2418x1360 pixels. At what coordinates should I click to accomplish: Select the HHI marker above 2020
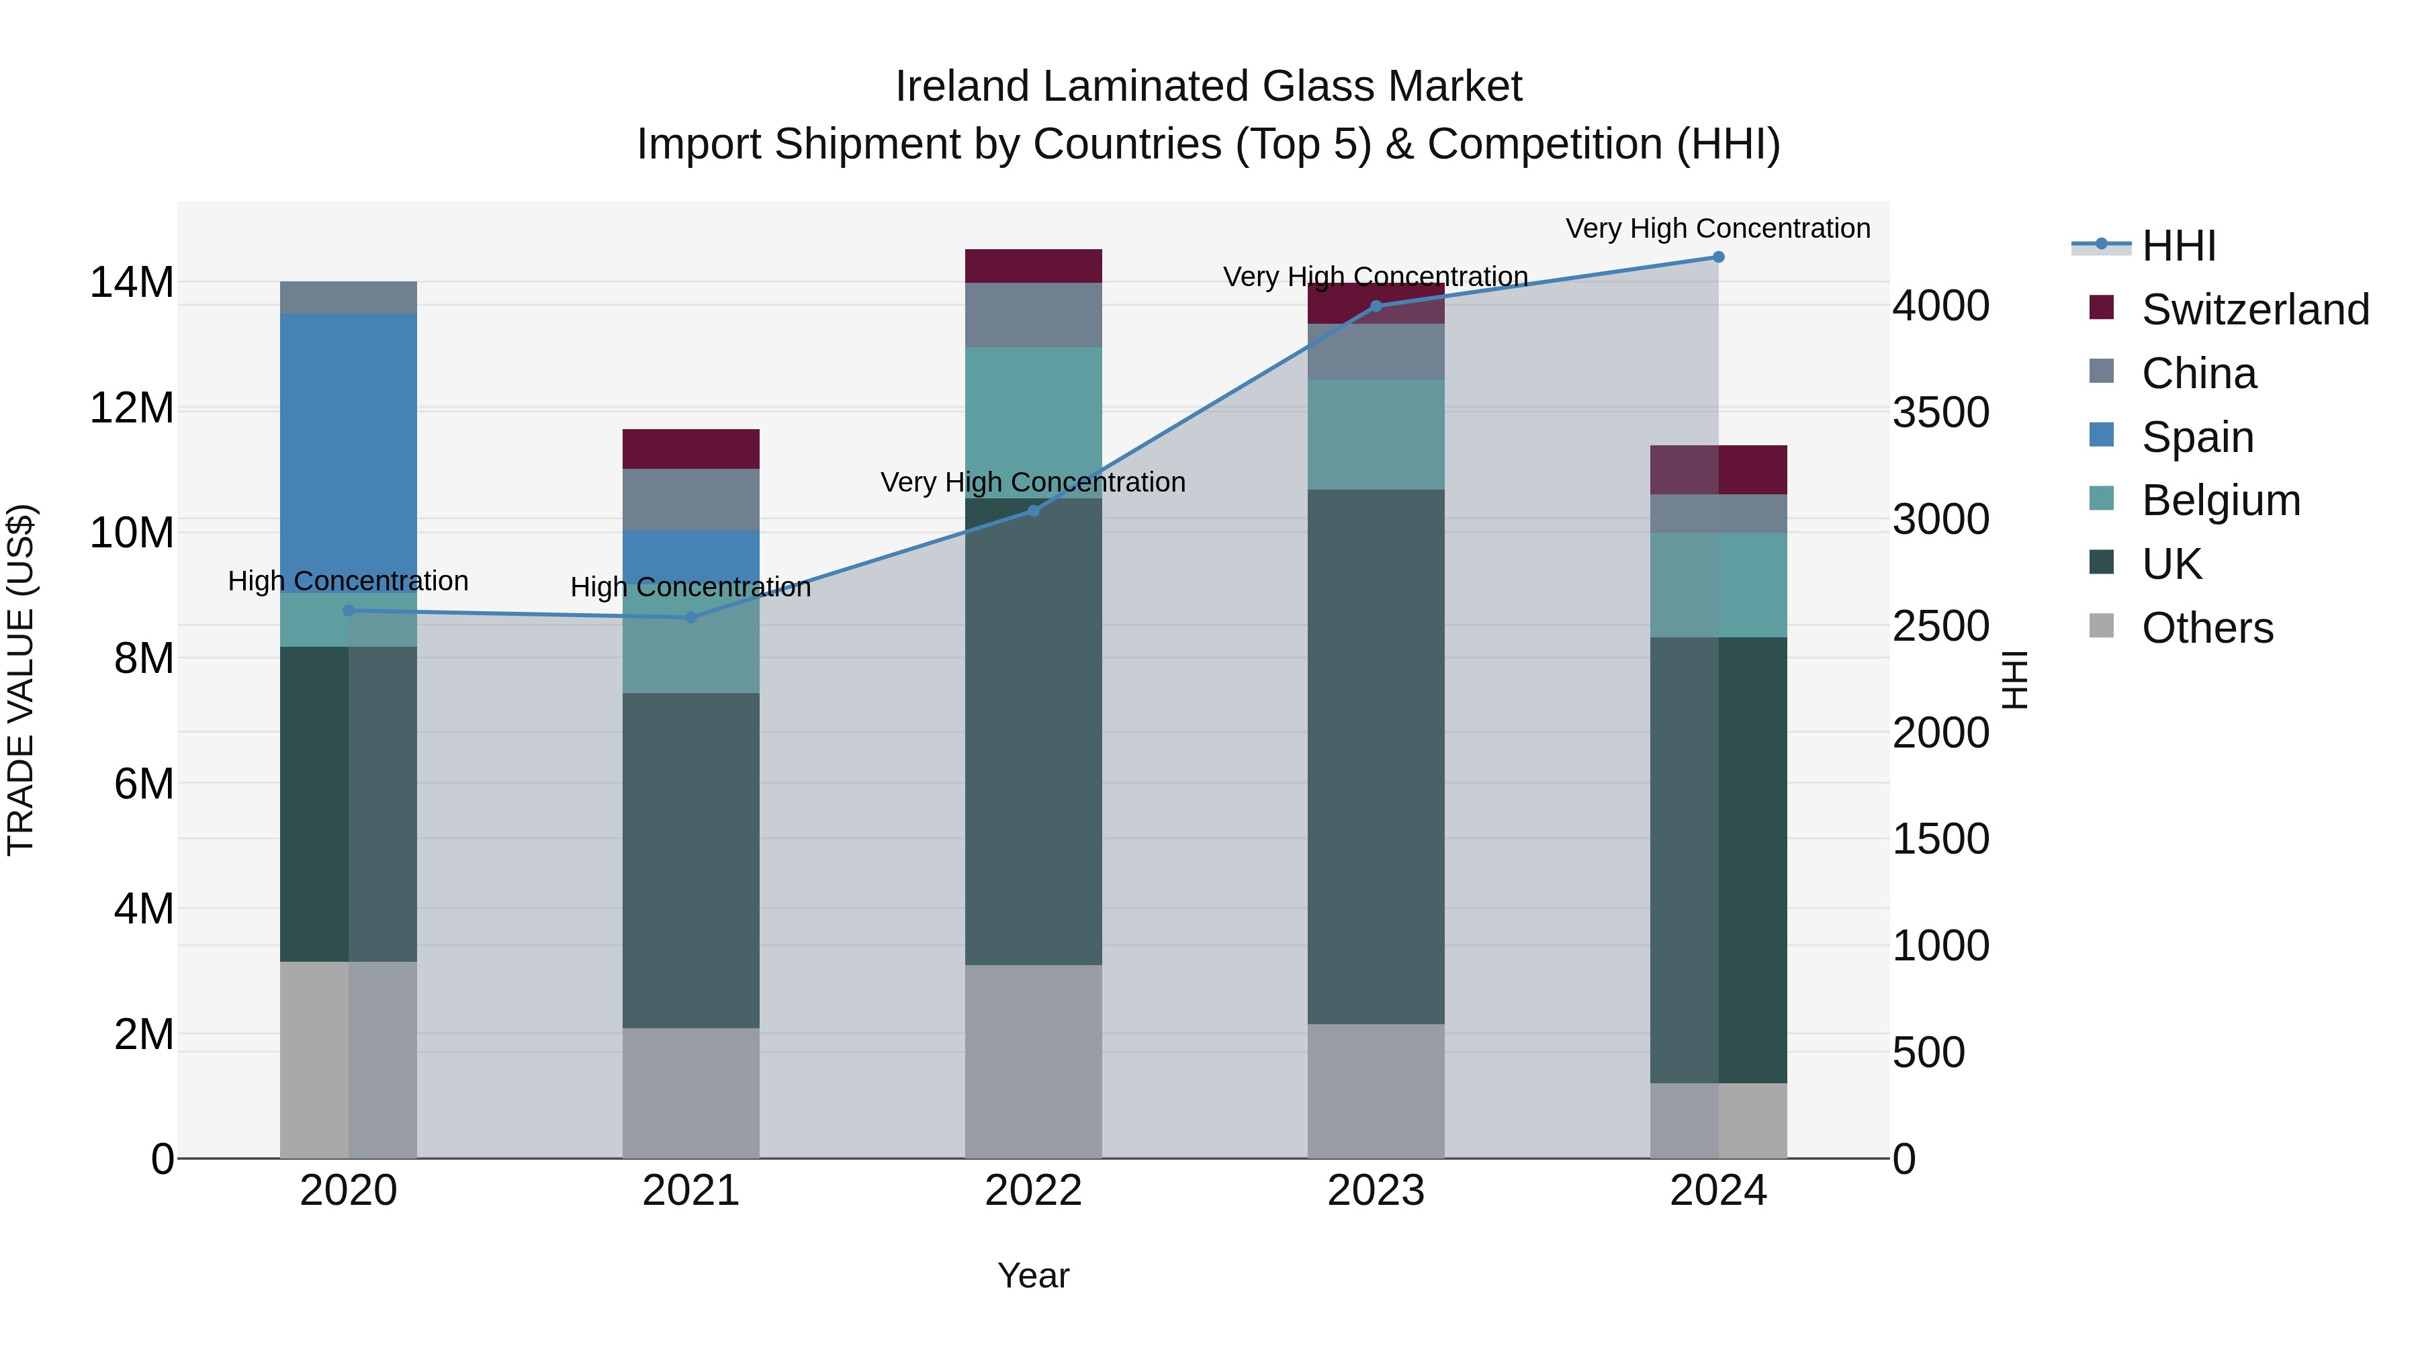click(x=348, y=611)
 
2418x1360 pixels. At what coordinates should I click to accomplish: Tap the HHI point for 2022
click(x=1034, y=512)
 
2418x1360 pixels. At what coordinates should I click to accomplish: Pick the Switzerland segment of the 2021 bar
click(x=691, y=449)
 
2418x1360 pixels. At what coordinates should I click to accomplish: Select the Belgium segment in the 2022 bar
click(x=1034, y=422)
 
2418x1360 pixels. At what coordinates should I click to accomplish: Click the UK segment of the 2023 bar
click(x=1376, y=756)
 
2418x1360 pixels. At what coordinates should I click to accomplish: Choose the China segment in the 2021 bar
click(x=691, y=499)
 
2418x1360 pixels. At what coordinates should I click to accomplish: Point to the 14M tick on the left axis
click(x=132, y=283)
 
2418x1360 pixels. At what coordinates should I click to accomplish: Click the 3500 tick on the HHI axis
click(x=1939, y=413)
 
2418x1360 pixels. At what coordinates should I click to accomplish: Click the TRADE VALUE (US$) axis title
click(x=21, y=680)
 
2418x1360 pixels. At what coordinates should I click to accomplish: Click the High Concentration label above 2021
click(x=691, y=588)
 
